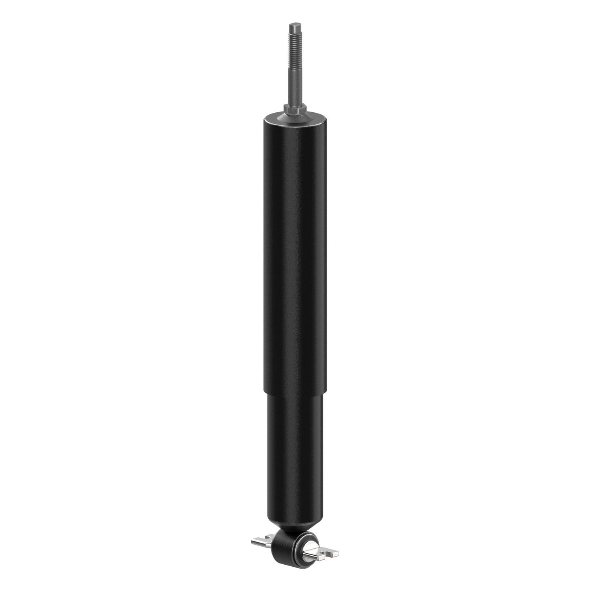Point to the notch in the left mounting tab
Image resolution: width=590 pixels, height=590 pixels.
pyautogui.click(x=267, y=537)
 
